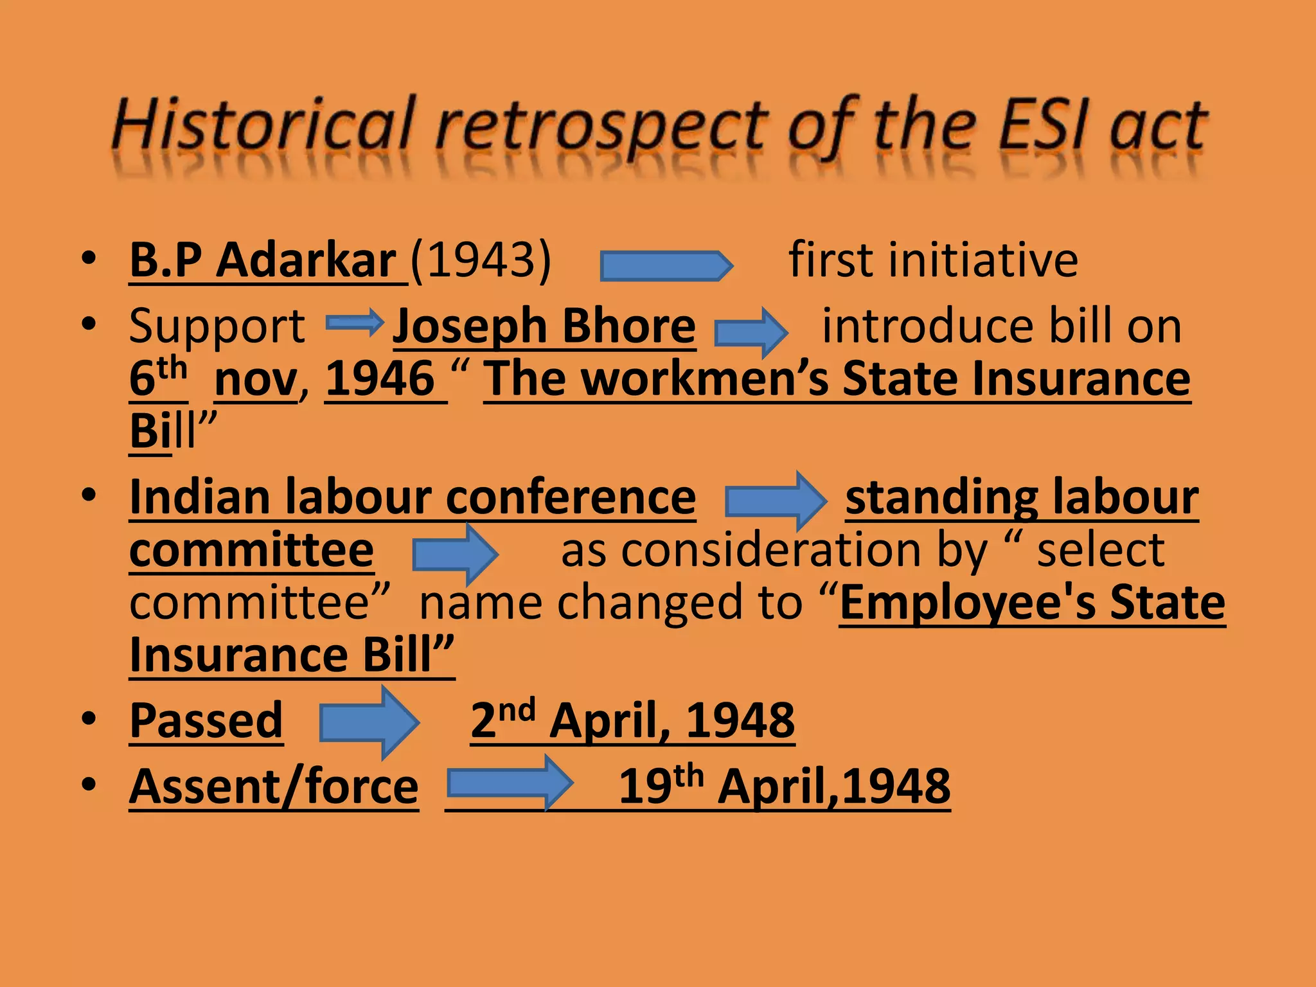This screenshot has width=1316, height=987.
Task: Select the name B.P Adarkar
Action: click(x=263, y=260)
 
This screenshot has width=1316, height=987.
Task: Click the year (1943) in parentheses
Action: click(x=481, y=260)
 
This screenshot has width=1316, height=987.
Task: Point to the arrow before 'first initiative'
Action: click(x=666, y=265)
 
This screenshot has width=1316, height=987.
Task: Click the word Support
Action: click(x=217, y=326)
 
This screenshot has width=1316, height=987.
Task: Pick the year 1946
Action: click(x=380, y=379)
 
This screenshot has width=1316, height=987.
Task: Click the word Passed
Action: click(x=206, y=721)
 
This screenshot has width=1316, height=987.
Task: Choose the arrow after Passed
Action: click(x=369, y=723)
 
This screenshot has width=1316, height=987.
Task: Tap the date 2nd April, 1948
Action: click(x=632, y=721)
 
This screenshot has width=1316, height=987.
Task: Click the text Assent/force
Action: click(x=274, y=787)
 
